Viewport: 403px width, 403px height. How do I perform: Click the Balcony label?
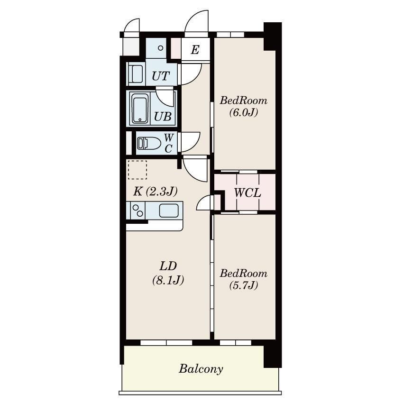201,369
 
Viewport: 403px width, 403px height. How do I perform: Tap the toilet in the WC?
148,143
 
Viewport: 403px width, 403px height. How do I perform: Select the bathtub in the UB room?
140,109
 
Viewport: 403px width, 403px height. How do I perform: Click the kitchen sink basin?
169,211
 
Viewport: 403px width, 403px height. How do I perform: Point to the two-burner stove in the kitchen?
138,211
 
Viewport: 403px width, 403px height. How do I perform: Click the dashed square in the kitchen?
137,170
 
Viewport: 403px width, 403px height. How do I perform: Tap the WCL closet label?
247,192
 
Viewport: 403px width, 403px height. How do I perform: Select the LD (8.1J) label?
168,273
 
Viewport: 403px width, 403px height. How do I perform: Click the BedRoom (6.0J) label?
243,106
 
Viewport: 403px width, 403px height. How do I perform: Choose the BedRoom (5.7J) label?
243,279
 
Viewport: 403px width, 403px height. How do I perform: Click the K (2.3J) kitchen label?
155,191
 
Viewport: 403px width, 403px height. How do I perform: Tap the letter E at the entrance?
195,50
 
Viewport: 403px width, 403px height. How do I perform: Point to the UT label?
161,76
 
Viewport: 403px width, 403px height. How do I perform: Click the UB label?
163,117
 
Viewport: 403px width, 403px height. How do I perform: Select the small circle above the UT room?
161,48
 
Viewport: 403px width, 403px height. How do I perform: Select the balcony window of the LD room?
166,343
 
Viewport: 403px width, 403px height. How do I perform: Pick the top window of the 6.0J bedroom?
230,35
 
